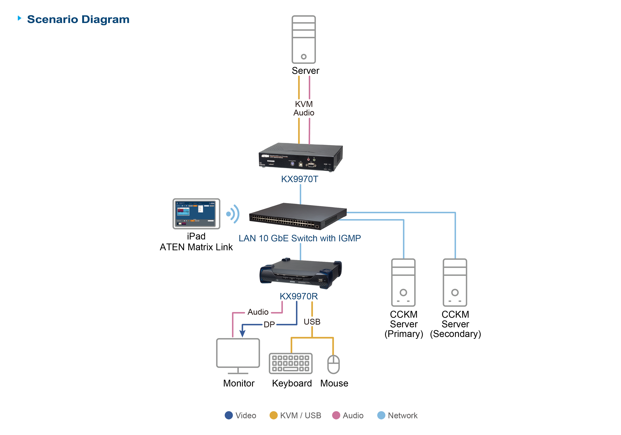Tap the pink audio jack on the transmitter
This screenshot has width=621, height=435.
coord(308,160)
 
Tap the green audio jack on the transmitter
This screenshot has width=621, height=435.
coord(314,160)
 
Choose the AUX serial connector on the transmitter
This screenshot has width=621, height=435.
coord(311,165)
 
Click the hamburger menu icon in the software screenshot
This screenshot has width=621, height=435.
coord(177,203)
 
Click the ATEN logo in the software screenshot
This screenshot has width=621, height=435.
coord(212,203)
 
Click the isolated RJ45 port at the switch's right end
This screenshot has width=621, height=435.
coord(317,226)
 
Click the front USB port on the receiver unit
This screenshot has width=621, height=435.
coord(320,280)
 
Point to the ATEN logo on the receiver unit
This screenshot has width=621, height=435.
coord(292,282)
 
